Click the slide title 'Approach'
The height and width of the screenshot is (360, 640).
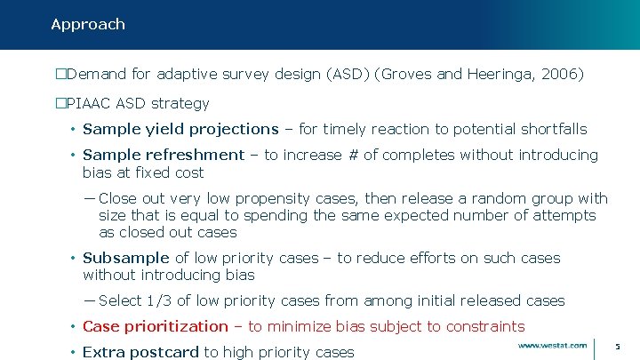click(x=88, y=24)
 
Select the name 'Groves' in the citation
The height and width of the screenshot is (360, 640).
click(x=410, y=74)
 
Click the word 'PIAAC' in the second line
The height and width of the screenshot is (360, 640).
click(x=87, y=103)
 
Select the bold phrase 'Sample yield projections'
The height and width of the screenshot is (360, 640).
click(x=180, y=129)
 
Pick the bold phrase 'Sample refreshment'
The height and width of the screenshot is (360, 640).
click(x=164, y=155)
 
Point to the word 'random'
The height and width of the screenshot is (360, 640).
click(x=499, y=198)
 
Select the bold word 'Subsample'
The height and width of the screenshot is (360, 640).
click(x=126, y=258)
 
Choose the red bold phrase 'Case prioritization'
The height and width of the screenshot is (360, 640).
click(x=156, y=326)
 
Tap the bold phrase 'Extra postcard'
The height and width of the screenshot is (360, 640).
click(x=140, y=352)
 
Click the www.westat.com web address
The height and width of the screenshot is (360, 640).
click(x=552, y=345)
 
